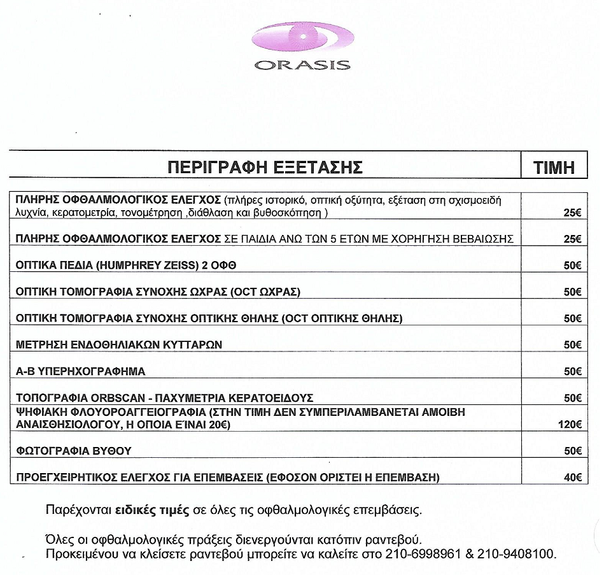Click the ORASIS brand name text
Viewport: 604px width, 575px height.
(302, 65)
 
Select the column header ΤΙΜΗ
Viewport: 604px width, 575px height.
(554, 167)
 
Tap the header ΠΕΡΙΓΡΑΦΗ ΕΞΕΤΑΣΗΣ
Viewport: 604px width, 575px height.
(265, 167)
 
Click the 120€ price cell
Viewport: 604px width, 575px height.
(569, 425)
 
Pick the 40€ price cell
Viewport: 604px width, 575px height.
(572, 477)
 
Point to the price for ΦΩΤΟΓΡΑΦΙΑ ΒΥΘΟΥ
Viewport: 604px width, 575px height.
(572, 451)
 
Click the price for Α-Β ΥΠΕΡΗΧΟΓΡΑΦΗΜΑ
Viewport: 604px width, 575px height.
(572, 371)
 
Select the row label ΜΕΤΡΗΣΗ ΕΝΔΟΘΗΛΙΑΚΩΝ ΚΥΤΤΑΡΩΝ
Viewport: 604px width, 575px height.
(118, 345)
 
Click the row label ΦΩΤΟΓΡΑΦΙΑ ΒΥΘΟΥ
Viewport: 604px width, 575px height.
(73, 451)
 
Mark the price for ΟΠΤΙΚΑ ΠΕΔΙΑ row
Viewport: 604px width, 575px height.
(572, 266)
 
